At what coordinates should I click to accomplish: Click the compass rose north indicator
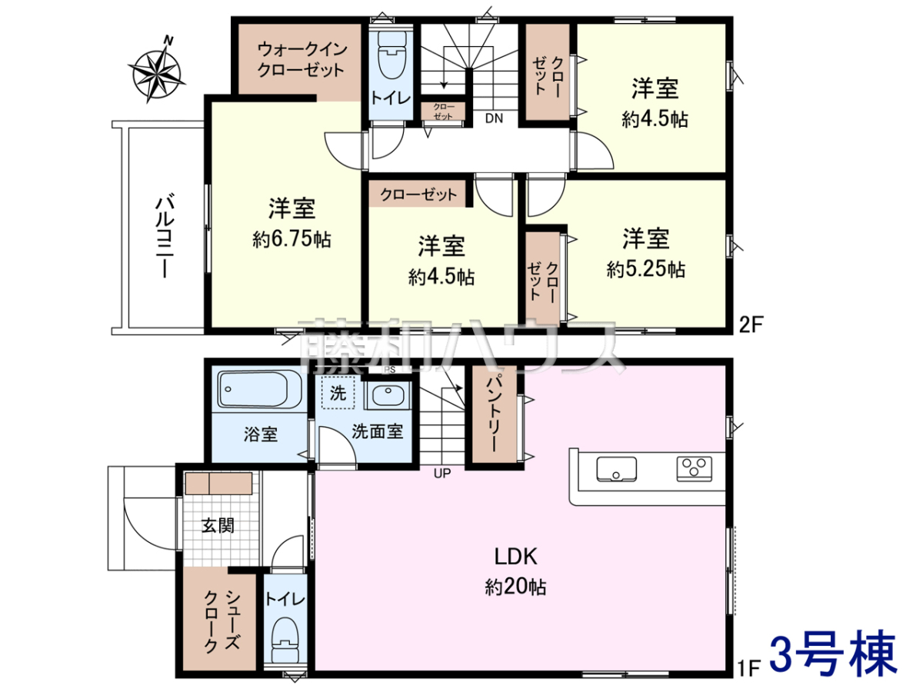coord(155,70)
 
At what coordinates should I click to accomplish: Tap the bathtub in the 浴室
coord(259,390)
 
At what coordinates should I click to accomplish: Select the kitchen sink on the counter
coord(616,468)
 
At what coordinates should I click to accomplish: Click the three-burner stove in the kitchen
coord(694,468)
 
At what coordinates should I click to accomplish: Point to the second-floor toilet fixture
coord(392,54)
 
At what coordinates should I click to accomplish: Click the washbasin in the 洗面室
coord(388,394)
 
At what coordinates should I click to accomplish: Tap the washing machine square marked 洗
coord(338,392)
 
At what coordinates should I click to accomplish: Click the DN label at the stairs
coord(494,118)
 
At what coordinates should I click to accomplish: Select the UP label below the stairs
coord(442,474)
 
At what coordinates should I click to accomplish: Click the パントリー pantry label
coord(494,413)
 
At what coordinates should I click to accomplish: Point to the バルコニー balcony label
coord(165,235)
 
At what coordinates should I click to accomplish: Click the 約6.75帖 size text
coord(292,239)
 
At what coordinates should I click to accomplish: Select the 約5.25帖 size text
coord(645,269)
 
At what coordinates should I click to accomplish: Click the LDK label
coord(515,557)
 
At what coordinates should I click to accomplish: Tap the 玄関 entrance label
coord(218,525)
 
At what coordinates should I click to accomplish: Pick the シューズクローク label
coord(222,622)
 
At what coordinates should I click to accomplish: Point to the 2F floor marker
coord(751,324)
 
